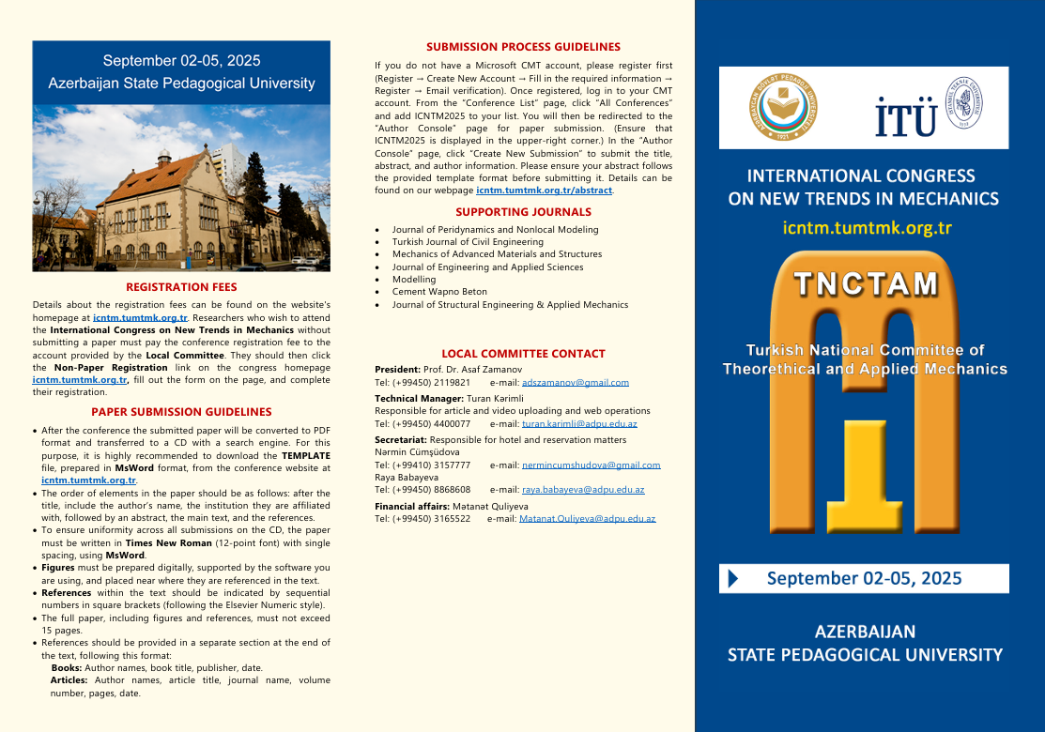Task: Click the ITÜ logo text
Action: pos(906,117)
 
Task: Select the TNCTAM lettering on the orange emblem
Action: pos(865,283)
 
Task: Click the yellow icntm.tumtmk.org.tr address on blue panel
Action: pos(867,228)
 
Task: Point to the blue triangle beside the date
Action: pos(733,578)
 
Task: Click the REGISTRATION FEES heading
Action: pos(181,287)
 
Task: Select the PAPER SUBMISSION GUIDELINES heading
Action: pos(181,412)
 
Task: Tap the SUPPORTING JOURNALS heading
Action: pos(523,212)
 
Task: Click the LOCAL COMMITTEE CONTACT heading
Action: pos(523,354)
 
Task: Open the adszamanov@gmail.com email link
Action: pos(576,383)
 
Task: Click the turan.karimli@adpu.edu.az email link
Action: pos(579,424)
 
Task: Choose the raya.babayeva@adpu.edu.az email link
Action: pos(583,490)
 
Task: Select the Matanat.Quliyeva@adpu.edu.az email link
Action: pos(587,519)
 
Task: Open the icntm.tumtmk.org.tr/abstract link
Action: pos(544,191)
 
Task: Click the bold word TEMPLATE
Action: pos(305,455)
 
